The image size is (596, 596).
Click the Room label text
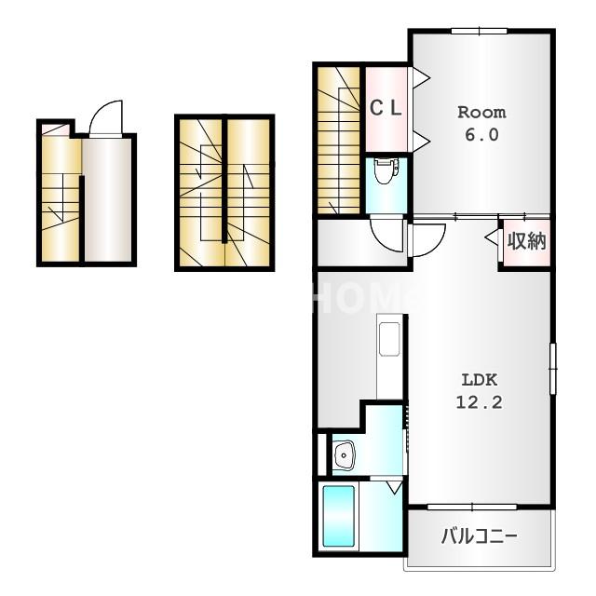[x=481, y=113]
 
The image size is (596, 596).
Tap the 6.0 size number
[x=481, y=135]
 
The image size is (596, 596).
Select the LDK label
[x=479, y=379]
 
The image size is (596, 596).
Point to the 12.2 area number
[x=479, y=402]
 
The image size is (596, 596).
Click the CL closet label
[x=386, y=108]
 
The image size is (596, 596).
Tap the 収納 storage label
[x=527, y=241]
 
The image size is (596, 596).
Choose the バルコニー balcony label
[x=479, y=536]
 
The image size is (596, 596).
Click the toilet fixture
[x=386, y=170]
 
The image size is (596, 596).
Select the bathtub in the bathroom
[x=338, y=516]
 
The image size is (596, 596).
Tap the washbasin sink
[x=344, y=455]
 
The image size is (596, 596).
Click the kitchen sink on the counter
[x=389, y=339]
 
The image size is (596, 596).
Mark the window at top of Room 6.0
[x=479, y=31]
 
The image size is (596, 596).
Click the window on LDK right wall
[x=552, y=369]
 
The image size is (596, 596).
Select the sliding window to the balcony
[x=472, y=507]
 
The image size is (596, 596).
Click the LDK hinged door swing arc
[x=433, y=245]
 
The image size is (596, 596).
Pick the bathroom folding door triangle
[x=395, y=487]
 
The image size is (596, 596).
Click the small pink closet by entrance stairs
[x=56, y=129]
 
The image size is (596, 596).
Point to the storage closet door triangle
[x=492, y=237]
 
